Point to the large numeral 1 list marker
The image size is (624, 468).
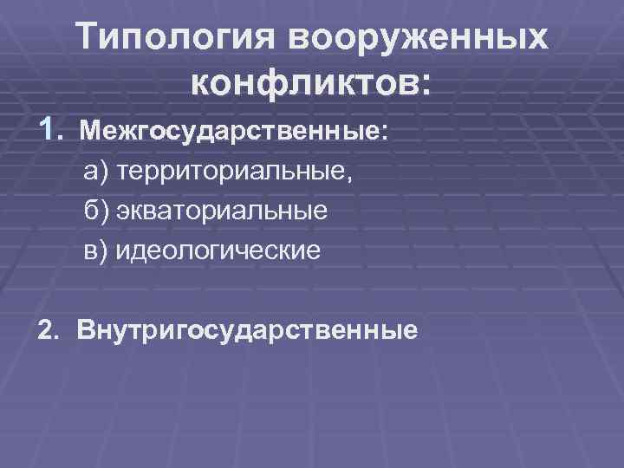point(49,130)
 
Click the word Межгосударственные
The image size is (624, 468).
point(230,133)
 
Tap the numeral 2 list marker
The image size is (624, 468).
point(45,330)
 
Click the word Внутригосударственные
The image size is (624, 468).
point(246,330)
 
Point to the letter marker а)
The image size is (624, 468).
point(96,172)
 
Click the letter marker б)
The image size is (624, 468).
point(96,211)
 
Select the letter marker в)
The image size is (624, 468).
point(96,250)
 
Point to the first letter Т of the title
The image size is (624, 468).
point(89,38)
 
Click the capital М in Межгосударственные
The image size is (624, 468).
point(91,133)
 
